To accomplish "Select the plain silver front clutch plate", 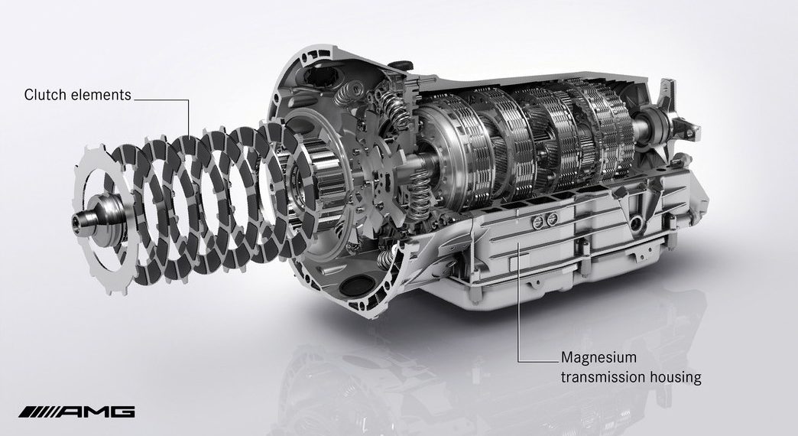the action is (102, 219).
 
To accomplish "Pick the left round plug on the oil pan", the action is (536, 221).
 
